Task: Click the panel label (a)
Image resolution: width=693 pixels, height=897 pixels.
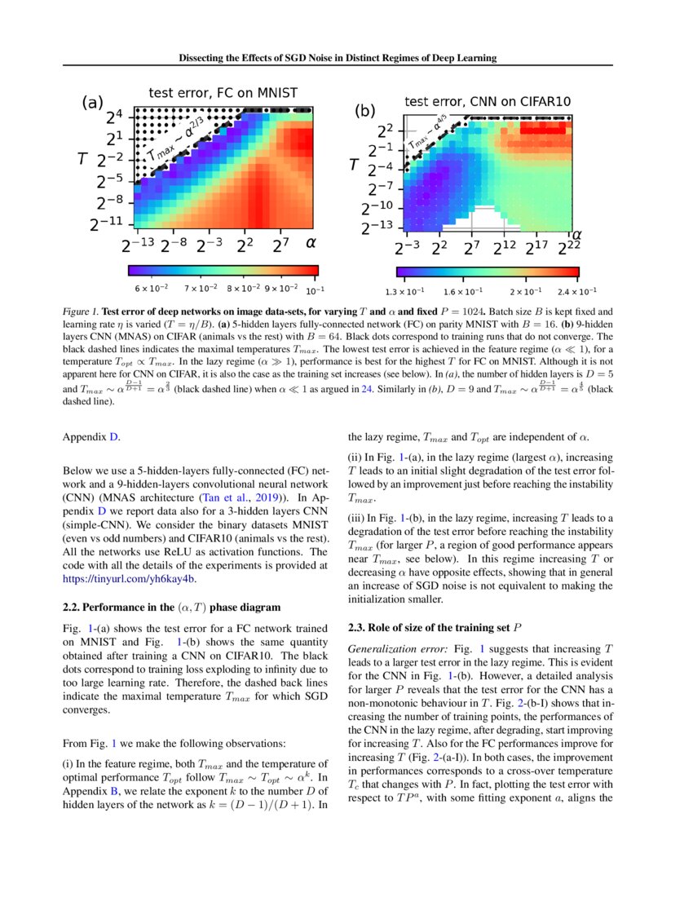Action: [x=92, y=103]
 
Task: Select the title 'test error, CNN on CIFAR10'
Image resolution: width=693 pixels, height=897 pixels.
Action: [x=488, y=101]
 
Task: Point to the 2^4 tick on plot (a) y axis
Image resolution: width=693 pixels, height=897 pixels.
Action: [x=115, y=117]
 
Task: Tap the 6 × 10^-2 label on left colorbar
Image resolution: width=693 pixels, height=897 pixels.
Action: [x=151, y=289]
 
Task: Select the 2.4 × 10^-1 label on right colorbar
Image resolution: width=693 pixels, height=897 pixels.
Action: [x=576, y=290]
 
